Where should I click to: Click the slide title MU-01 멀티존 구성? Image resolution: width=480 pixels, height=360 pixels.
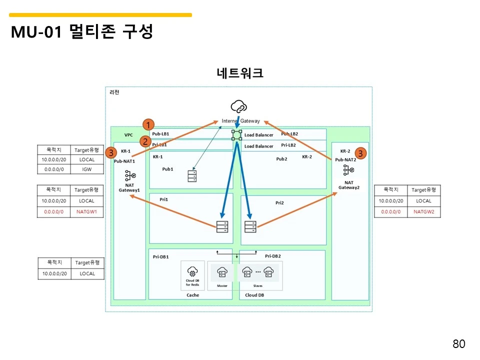pos(81,32)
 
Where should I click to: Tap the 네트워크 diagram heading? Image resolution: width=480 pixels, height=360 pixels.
pos(239,73)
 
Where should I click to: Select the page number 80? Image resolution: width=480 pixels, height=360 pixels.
pos(458,343)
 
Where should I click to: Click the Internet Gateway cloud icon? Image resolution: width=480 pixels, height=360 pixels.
pos(238,106)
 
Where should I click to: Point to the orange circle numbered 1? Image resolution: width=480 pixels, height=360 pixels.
pos(148,124)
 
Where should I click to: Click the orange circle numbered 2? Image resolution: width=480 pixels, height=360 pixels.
pos(145,141)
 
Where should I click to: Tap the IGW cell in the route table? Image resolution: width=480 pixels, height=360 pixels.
pos(86,169)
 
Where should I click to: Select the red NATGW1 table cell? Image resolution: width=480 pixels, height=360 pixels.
pos(86,211)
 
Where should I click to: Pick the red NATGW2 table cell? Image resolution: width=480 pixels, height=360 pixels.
pos(423,211)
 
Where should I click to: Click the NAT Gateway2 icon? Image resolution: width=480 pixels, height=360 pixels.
pos(349,170)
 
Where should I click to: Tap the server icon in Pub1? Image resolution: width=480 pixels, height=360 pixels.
pos(192,175)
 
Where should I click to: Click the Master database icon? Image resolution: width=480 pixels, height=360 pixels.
pos(222,272)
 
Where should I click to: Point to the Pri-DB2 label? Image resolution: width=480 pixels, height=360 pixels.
pos(273,256)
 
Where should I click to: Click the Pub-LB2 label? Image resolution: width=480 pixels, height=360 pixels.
pos(289,134)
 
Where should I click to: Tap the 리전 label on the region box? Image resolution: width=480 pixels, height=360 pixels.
pos(114,92)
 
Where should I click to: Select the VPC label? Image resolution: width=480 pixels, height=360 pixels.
pos(129,135)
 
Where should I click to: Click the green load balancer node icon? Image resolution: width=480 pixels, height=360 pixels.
pos(236,134)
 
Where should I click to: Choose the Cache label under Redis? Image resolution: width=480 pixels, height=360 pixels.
pos(192,295)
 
